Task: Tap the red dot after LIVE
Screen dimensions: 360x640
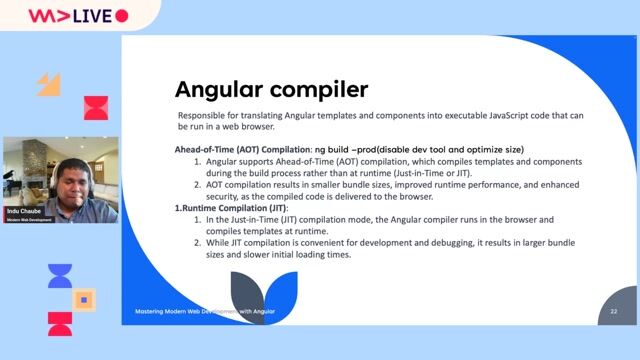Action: click(x=122, y=16)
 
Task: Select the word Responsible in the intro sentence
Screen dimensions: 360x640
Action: click(x=201, y=116)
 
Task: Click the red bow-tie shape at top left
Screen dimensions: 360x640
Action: click(x=96, y=107)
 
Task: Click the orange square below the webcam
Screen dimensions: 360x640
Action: click(x=85, y=299)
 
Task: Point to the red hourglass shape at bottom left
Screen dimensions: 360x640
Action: click(x=60, y=323)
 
